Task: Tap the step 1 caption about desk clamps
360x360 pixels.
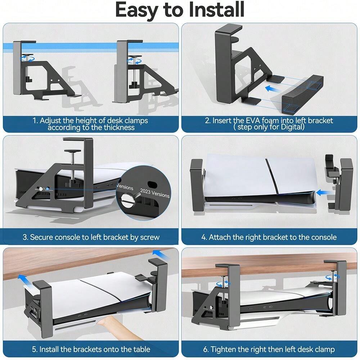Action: click(90, 124)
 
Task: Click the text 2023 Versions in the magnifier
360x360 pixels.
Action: click(154, 193)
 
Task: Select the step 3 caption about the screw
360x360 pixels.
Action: click(91, 237)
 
